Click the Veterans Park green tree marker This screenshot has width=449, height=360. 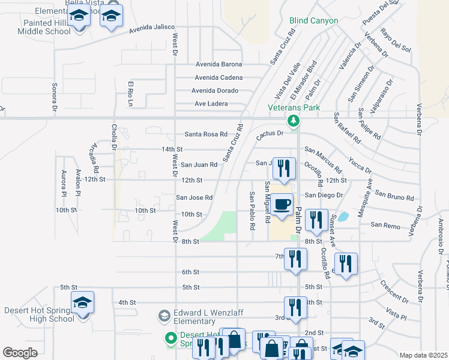coord(294,121)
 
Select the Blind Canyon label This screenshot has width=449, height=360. coord(313,20)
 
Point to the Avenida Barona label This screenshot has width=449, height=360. coord(218,64)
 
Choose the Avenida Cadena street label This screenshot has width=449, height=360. coord(218,77)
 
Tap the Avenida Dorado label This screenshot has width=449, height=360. coord(215,91)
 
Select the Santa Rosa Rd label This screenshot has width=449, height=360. coord(206,134)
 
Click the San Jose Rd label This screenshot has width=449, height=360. coord(194,197)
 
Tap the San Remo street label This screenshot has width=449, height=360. coord(385,224)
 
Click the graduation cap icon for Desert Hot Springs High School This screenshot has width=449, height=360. coord(84,303)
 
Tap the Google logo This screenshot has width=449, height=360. coord(20,353)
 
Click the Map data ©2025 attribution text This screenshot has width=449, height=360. coord(423,355)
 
